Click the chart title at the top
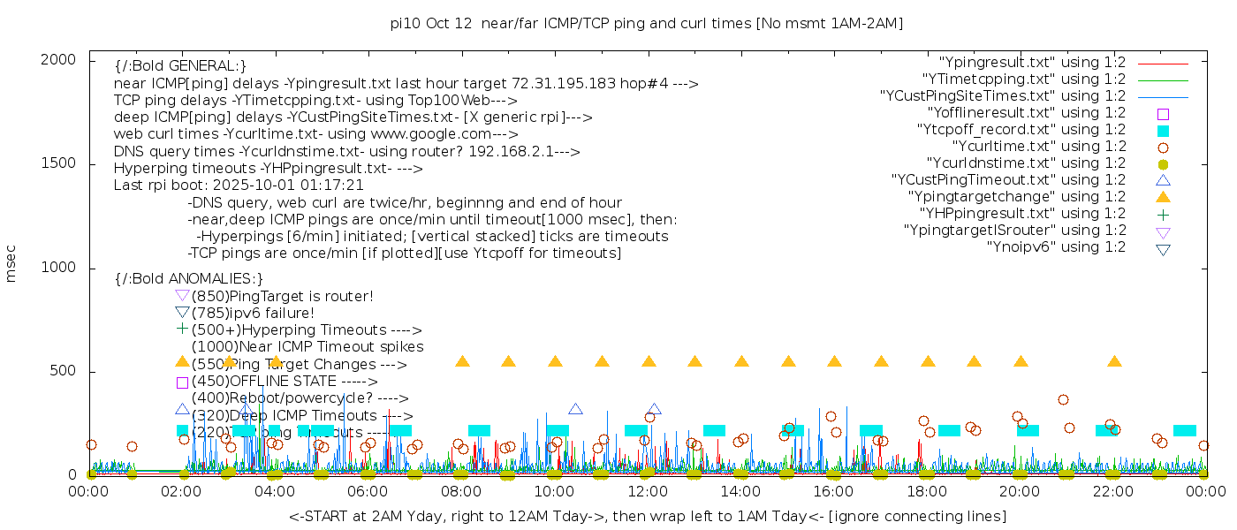tap(646, 23)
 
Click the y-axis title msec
tap(11, 265)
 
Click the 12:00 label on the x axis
tap(648, 491)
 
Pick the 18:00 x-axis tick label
tap(927, 491)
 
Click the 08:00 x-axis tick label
tap(461, 491)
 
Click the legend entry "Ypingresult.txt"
tap(1032, 62)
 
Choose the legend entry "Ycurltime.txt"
tap(1038, 146)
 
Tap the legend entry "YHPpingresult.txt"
tap(1022, 213)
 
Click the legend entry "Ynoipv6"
tap(1056, 246)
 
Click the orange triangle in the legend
tap(1163, 196)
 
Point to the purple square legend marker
tap(1163, 113)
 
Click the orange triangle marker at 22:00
tap(1114, 361)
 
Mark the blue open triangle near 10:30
tap(576, 409)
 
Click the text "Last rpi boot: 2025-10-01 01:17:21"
tap(239, 185)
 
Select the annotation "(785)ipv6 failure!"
tap(253, 313)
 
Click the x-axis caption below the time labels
tap(647, 516)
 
